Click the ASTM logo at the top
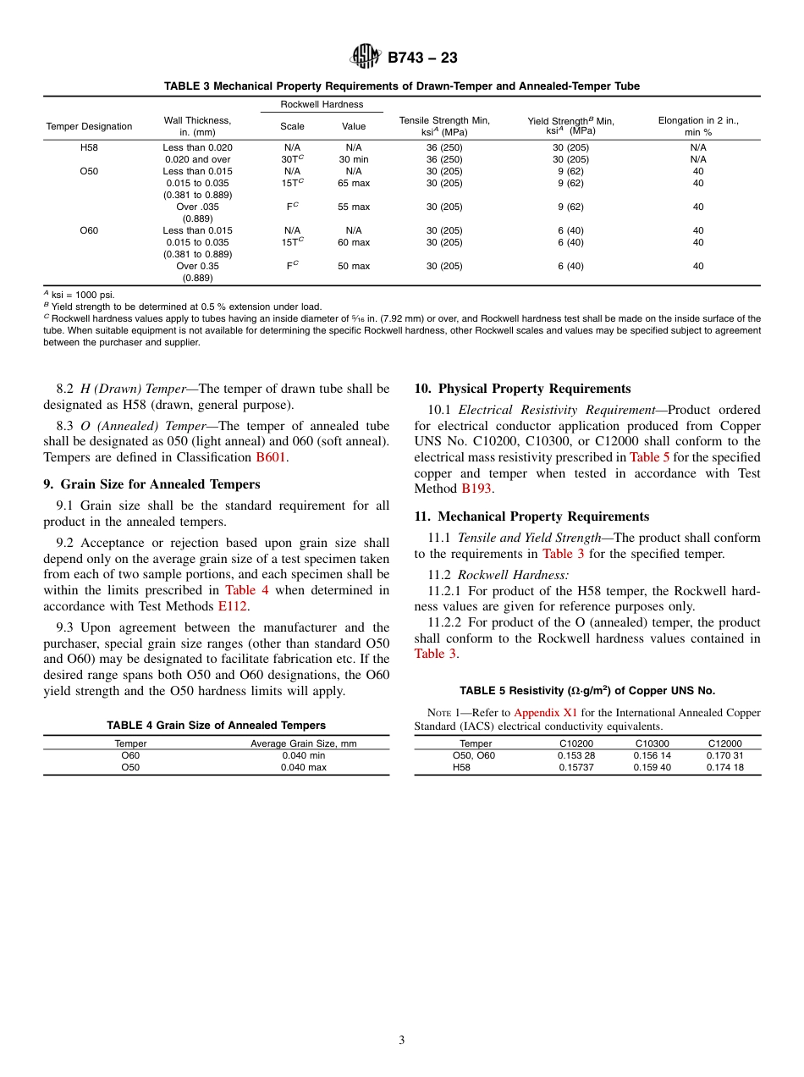[366, 57]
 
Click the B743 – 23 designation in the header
[422, 58]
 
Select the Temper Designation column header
[89, 126]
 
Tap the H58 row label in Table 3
[89, 147]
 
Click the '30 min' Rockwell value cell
[354, 159]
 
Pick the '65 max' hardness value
[354, 183]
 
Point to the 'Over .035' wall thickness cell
[197, 207]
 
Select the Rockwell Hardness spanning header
[322, 104]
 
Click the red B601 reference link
[272, 457]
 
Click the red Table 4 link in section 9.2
[246, 590]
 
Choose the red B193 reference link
[476, 489]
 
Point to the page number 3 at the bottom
[402, 1041]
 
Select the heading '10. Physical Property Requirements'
[522, 389]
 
